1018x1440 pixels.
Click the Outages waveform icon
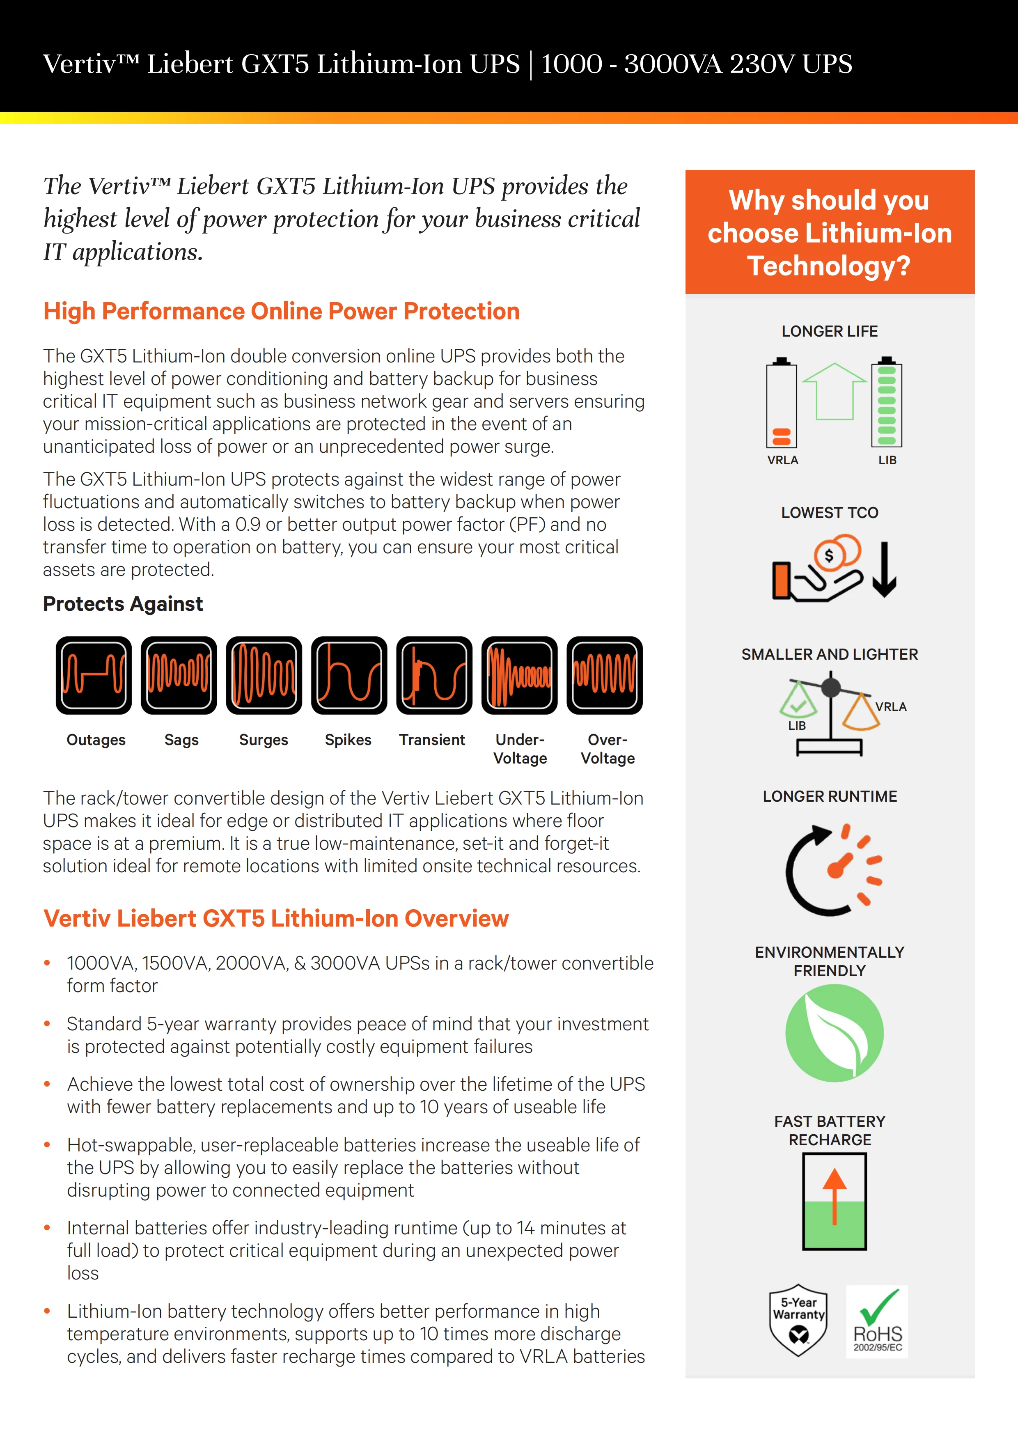(94, 676)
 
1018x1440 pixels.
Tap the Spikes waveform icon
(349, 676)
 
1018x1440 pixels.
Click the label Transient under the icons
(432, 740)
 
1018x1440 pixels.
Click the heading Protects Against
(123, 604)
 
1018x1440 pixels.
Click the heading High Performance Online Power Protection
(282, 312)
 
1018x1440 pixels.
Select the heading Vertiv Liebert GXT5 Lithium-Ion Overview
(276, 919)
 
